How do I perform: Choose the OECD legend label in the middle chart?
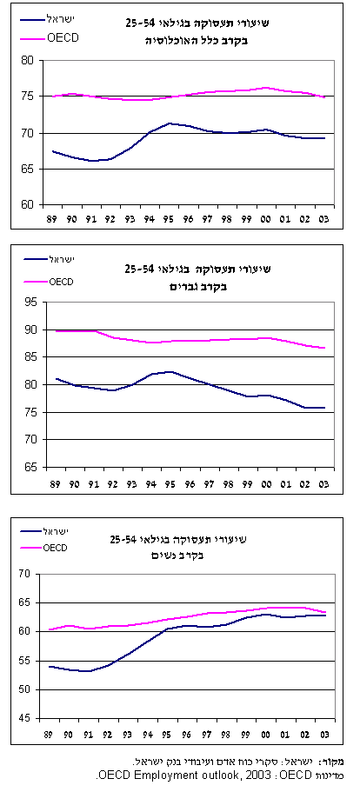click(61, 282)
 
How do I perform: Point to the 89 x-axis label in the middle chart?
click(55, 483)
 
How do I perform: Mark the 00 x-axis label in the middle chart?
click(266, 483)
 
